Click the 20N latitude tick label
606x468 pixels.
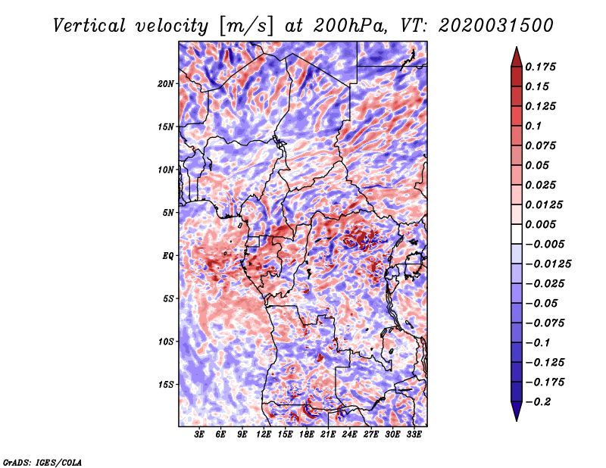pyautogui.click(x=167, y=83)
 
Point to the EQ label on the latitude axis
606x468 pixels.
pyautogui.click(x=167, y=256)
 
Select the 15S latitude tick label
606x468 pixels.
pyautogui.click(x=167, y=385)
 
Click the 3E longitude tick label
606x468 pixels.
pyautogui.click(x=200, y=434)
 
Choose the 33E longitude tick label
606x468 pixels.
pyautogui.click(x=414, y=434)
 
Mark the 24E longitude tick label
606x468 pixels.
pyautogui.click(x=349, y=434)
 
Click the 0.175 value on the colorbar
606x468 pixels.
pyautogui.click(x=544, y=67)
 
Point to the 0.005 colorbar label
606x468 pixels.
pyautogui.click(x=544, y=224)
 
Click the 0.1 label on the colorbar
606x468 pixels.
pyautogui.click(x=535, y=126)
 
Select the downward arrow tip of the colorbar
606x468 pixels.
pyautogui.click(x=515, y=417)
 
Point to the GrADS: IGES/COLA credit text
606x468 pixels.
pyautogui.click(x=42, y=461)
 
